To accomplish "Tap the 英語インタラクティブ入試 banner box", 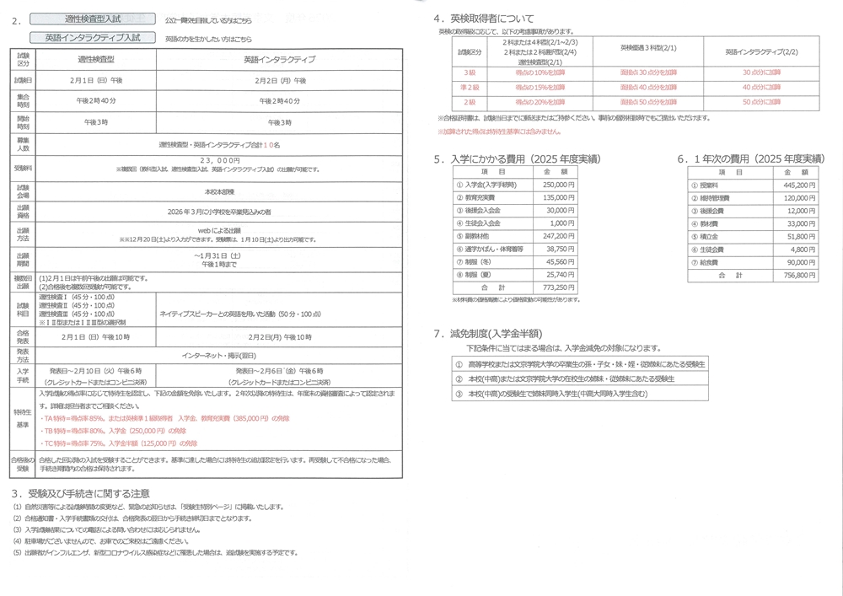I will click(94, 38).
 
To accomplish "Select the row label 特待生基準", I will click(24, 418).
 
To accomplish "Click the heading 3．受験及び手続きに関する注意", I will click(81, 493).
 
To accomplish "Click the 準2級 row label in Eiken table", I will click(470, 87).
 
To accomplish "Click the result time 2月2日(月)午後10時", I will click(279, 337).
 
